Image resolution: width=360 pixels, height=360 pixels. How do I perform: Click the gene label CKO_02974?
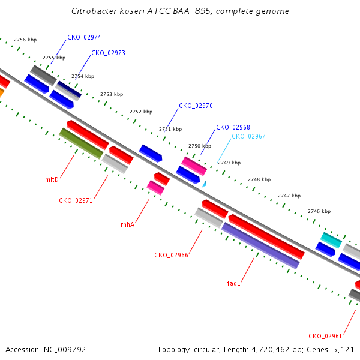(x=84, y=37)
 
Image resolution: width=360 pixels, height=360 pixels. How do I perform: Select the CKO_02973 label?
(x=109, y=53)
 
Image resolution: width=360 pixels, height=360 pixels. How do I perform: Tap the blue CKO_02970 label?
(x=196, y=106)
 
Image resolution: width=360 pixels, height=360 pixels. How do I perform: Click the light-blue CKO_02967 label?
(x=248, y=136)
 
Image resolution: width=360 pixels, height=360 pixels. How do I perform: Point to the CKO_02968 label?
(x=233, y=127)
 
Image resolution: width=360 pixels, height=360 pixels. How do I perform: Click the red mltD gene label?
(x=52, y=179)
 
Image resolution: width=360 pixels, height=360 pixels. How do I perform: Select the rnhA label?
(x=127, y=224)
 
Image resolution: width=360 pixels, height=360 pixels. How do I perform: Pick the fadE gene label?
(x=234, y=283)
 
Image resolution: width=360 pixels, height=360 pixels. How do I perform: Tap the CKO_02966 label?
(x=171, y=255)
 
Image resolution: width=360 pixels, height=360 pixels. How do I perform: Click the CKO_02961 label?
(x=325, y=336)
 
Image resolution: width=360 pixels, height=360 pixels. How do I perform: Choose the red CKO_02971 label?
(x=76, y=200)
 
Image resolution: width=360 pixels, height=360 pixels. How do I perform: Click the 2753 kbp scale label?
(x=112, y=94)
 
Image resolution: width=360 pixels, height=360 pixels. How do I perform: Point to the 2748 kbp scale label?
(x=259, y=179)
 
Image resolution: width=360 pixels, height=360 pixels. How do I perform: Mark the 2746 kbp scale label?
(x=319, y=211)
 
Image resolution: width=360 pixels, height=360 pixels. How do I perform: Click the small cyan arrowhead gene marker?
(x=205, y=184)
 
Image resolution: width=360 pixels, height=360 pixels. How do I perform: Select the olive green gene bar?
(x=81, y=143)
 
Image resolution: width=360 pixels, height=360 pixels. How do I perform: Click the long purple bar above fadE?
(x=260, y=245)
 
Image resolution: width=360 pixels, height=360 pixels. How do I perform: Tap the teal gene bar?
(x=331, y=241)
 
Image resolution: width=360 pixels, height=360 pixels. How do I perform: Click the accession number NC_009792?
(x=65, y=350)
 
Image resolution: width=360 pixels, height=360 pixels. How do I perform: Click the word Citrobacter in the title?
(x=94, y=11)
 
